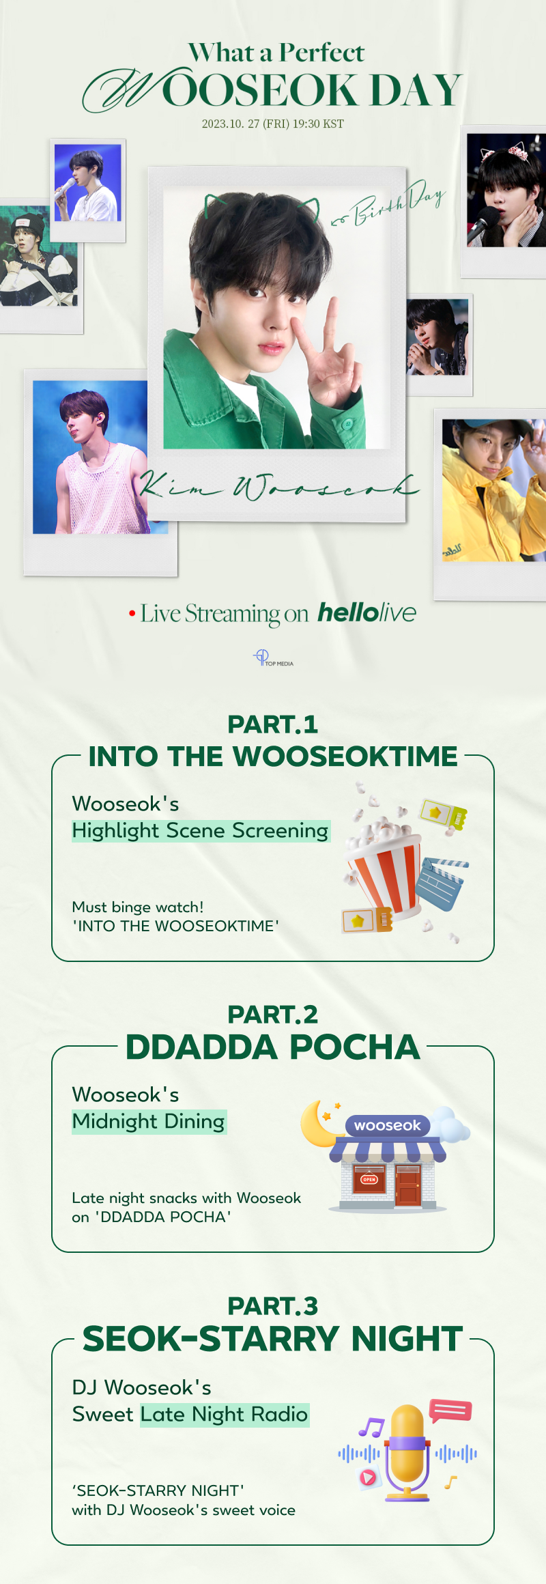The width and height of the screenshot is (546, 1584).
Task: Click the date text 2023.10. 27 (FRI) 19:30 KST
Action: [273, 124]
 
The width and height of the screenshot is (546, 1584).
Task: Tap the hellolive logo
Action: [367, 612]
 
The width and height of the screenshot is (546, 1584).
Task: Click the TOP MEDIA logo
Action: [273, 658]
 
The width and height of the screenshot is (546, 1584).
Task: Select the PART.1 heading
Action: [273, 724]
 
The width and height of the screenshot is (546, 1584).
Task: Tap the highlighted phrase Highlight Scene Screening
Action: [201, 831]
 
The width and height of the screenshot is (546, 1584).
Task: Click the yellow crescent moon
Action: [319, 1123]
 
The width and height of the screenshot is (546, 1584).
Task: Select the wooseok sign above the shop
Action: [388, 1125]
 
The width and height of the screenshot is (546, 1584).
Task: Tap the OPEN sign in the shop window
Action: [369, 1179]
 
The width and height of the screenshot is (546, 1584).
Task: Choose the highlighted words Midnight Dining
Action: [149, 1122]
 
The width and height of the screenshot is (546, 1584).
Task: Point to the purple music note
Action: [371, 1427]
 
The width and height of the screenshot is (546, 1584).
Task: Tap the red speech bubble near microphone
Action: [450, 1410]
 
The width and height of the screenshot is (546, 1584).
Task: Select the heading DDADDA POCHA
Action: [273, 1047]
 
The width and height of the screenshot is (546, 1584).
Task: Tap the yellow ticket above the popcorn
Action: [444, 815]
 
